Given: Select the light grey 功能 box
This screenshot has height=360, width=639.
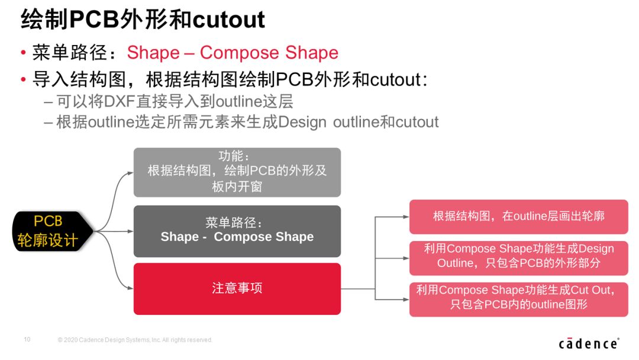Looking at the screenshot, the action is [x=237, y=172].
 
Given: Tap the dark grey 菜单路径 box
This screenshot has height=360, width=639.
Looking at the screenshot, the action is [x=237, y=231].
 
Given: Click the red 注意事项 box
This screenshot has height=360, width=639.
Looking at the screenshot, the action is [x=237, y=289].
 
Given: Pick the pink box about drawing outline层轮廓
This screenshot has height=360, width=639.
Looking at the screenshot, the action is [x=519, y=217].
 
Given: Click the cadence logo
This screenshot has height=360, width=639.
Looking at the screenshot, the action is [x=589, y=343].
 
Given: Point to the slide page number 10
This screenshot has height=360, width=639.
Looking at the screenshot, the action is [x=27, y=339].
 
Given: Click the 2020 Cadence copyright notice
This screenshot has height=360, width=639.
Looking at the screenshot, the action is [x=135, y=340].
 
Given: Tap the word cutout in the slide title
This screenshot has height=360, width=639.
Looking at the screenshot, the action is [x=228, y=20].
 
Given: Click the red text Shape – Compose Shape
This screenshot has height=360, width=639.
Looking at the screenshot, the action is [x=233, y=53].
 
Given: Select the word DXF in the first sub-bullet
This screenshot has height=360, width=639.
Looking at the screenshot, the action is [x=120, y=101].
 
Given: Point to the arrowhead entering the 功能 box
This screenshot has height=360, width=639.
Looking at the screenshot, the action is [x=130, y=173].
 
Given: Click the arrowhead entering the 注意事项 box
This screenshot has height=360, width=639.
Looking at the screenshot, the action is [x=130, y=288].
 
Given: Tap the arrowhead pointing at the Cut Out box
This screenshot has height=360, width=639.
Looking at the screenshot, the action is [x=406, y=300].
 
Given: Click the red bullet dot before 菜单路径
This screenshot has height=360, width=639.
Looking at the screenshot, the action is [x=23, y=53].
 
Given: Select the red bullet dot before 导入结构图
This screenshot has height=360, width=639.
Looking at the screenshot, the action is [x=23, y=79].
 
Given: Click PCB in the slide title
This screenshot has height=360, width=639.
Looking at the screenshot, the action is [x=93, y=20].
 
